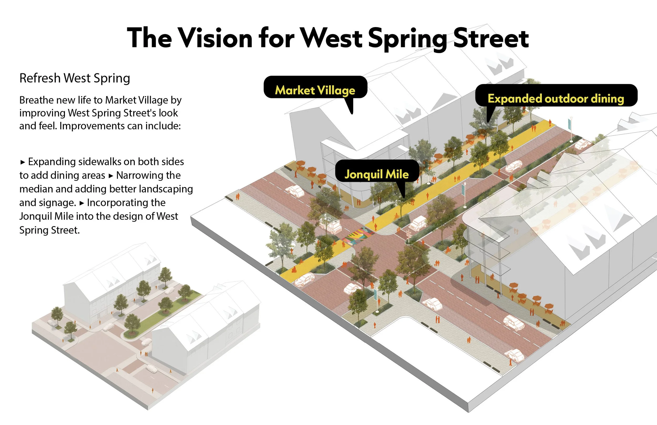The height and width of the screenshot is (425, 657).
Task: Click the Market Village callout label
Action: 315,90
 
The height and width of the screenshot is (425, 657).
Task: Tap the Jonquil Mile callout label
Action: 377,174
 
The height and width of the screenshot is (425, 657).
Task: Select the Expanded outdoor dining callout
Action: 556,99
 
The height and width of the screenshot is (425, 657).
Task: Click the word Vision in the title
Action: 215,38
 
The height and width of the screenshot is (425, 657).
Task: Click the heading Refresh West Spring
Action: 75,78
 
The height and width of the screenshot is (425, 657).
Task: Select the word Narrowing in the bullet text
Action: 148,175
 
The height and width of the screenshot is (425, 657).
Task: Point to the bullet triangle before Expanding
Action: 23,162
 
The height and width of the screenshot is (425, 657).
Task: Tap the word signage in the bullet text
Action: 48,203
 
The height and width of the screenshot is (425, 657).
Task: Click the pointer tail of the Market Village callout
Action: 350,106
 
